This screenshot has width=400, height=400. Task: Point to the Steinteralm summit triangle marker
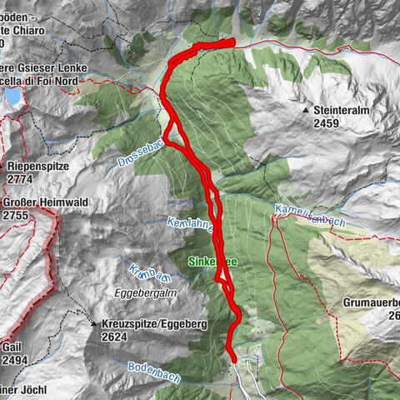click(307, 110)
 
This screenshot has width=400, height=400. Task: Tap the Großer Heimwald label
click(45, 202)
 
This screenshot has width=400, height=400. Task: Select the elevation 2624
click(114, 337)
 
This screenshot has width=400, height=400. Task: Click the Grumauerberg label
click(372, 302)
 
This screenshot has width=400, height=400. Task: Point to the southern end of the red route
click(233, 359)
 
